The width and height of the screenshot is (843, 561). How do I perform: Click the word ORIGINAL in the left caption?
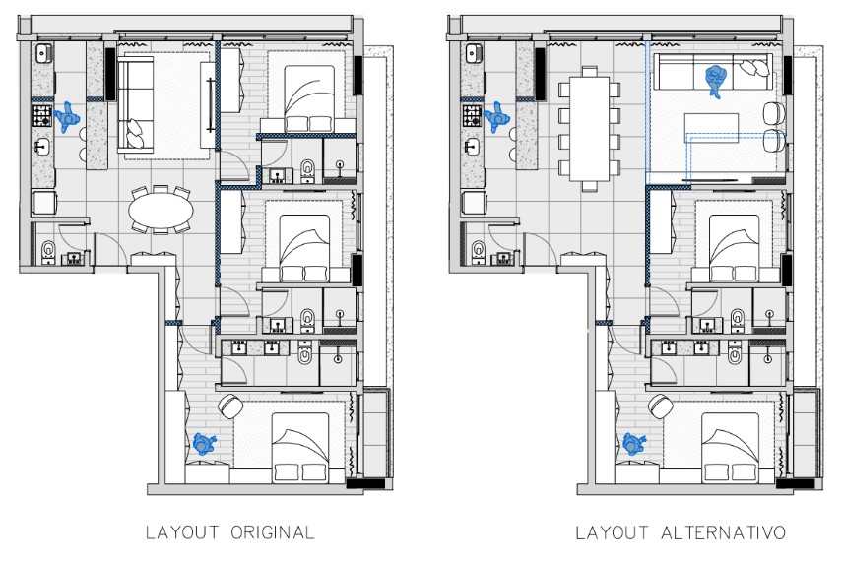pyautogui.click(x=272, y=533)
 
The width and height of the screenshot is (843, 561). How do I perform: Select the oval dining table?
pyautogui.click(x=161, y=211)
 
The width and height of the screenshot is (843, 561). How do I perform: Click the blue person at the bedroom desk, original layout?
pyautogui.click(x=204, y=444)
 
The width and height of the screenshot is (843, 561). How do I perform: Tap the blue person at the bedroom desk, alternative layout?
pyautogui.click(x=634, y=444)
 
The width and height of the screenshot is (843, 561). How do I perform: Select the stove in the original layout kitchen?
pyautogui.click(x=42, y=118)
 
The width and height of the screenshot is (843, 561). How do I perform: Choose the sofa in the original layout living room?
pyautogui.click(x=134, y=104)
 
